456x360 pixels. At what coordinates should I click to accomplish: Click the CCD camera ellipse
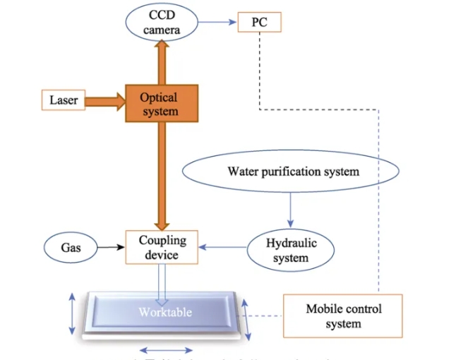pos(162,22)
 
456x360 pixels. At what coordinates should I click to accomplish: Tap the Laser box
pos(64,100)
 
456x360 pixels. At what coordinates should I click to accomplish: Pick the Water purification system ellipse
pos(292,172)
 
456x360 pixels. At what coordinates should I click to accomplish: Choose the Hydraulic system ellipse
pos(291,250)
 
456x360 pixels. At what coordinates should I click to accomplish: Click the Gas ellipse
pos(71,248)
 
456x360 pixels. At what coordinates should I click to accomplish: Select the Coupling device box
pos(162,247)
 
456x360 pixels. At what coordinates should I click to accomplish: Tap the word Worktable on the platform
pos(164,311)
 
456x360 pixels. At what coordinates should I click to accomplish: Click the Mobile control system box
pos(343,316)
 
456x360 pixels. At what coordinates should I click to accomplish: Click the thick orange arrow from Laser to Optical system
pos(105,101)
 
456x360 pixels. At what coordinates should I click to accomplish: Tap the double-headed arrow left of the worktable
pos(71,314)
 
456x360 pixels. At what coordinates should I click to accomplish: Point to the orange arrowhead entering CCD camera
pos(162,47)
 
